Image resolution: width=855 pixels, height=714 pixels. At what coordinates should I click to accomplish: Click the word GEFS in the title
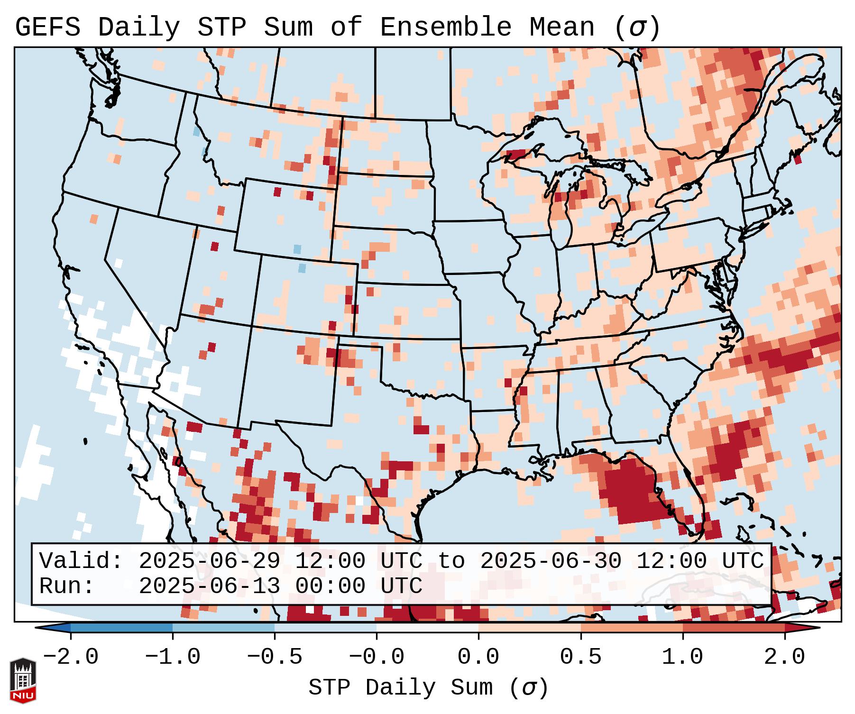[47, 27]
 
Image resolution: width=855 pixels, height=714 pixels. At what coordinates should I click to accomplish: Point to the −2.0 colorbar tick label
[71, 657]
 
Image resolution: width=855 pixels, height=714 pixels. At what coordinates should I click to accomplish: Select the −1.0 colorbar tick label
[173, 657]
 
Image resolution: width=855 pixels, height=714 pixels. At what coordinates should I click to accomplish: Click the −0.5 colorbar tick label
[275, 657]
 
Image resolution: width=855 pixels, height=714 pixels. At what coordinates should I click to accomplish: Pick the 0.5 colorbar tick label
[581, 657]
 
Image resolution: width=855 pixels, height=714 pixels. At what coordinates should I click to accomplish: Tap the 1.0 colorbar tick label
[683, 657]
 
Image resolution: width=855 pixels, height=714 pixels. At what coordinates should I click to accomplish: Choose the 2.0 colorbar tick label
[785, 657]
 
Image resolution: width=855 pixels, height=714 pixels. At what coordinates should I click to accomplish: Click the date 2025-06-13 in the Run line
[209, 586]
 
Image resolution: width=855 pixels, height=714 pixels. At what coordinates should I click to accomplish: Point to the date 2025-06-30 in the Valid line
[551, 561]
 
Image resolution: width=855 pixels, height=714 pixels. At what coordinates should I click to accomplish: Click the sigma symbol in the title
[637, 27]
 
